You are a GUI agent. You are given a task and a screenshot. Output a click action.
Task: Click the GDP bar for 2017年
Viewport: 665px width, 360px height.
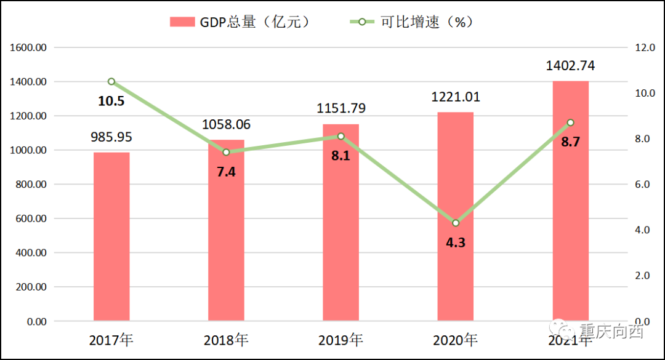(111, 237)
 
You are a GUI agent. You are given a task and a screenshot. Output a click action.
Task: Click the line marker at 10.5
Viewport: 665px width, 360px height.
(111, 81)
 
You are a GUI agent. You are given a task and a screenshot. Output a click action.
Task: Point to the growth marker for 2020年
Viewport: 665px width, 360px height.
(456, 223)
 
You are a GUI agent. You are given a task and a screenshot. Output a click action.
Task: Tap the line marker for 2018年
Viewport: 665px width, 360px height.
(226, 152)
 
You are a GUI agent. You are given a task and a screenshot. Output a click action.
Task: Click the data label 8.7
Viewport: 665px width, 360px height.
(570, 142)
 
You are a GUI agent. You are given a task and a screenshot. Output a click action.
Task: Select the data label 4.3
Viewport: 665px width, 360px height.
(456, 242)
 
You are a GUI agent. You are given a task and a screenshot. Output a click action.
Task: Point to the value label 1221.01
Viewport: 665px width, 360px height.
(456, 97)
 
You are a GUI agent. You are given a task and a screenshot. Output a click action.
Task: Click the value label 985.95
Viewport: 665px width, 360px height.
(111, 137)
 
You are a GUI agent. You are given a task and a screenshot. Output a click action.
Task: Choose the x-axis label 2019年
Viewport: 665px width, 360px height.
(341, 340)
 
